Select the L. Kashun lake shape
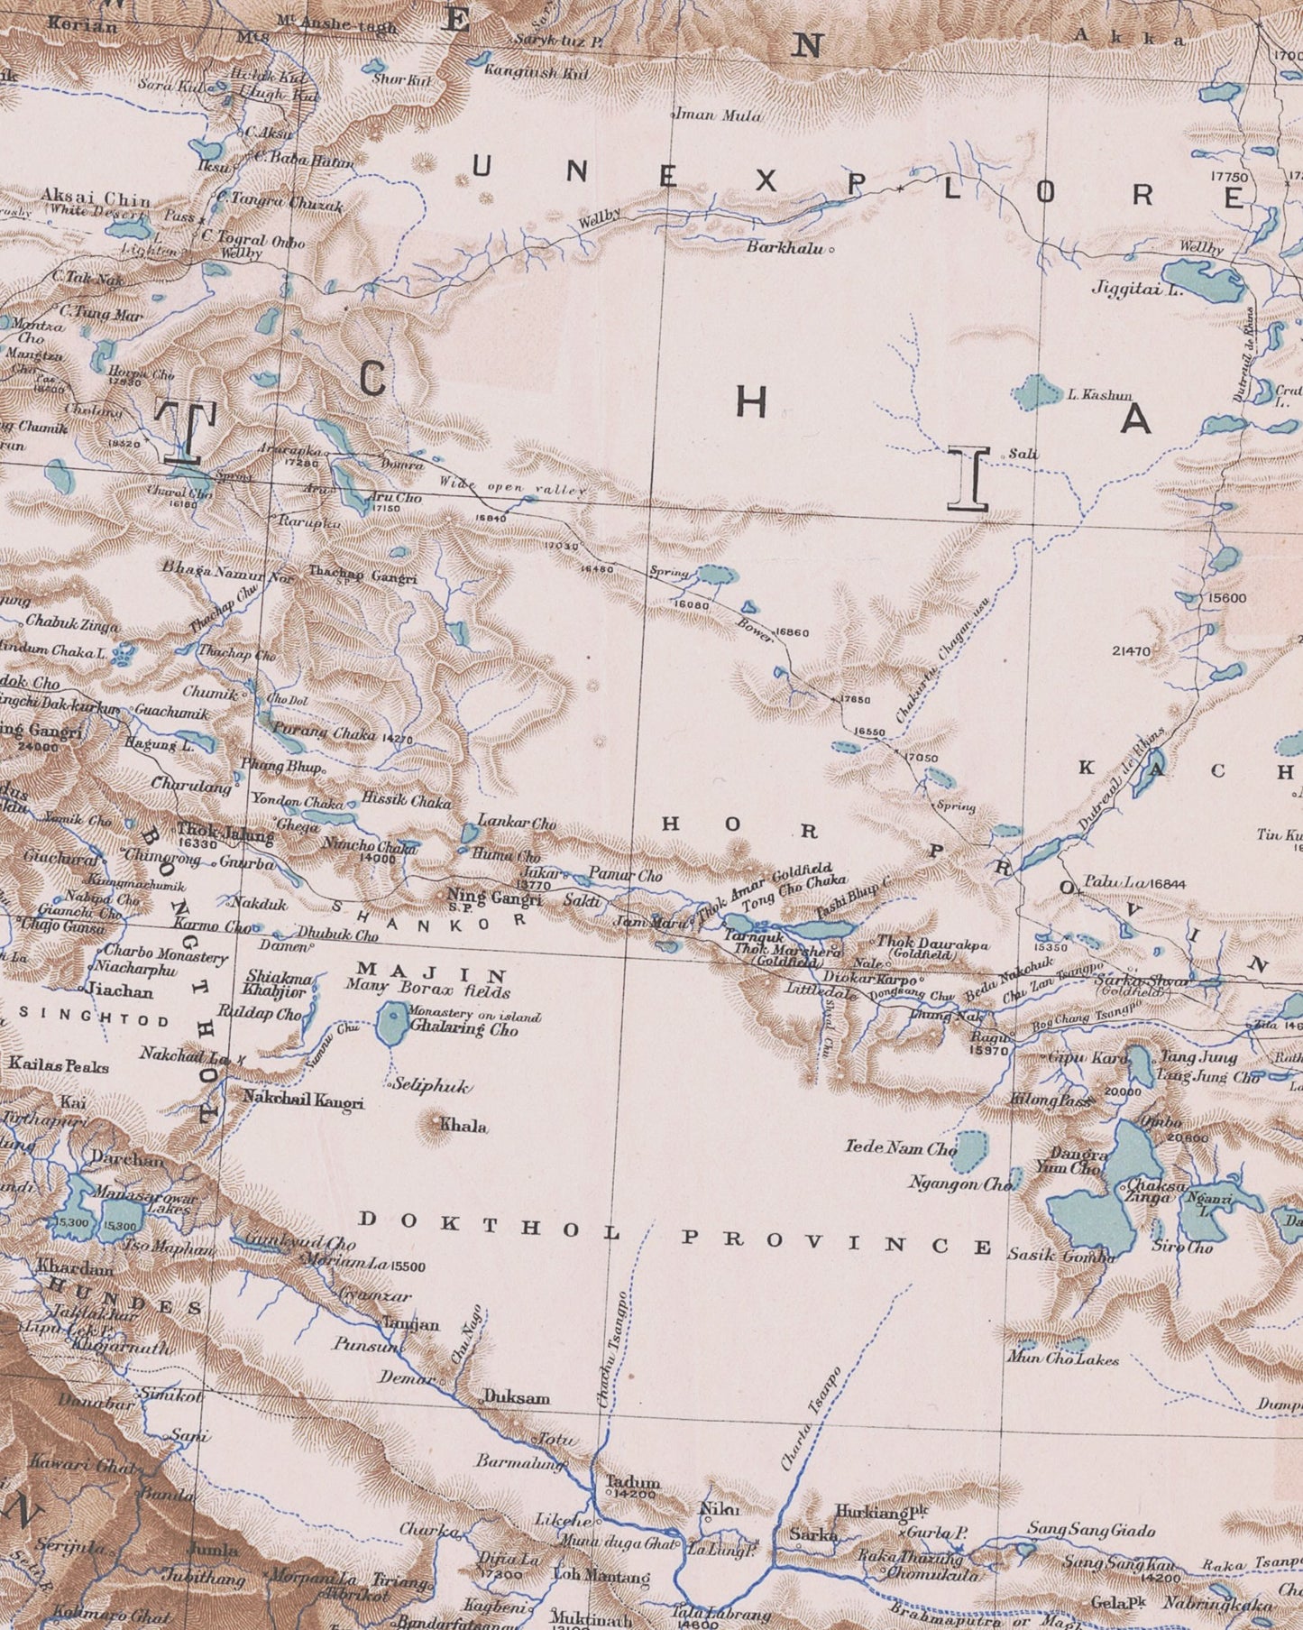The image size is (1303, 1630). pyautogui.click(x=1036, y=391)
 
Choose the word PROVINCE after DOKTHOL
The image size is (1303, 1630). pyautogui.click(x=835, y=1244)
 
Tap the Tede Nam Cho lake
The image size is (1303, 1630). pyautogui.click(x=969, y=1148)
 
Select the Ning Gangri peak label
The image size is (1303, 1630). pyautogui.click(x=494, y=898)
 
